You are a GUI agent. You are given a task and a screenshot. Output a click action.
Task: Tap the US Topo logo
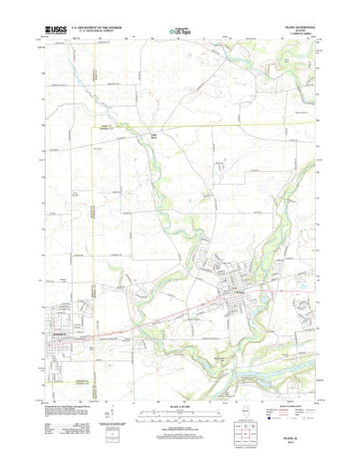178,32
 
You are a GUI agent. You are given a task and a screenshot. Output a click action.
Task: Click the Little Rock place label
154,136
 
